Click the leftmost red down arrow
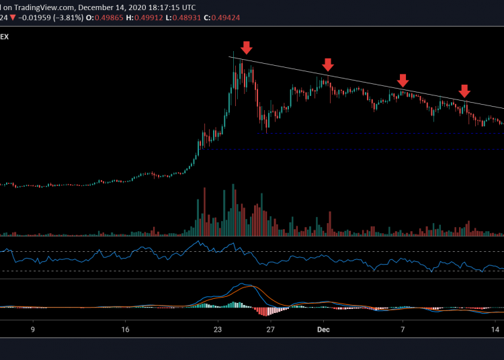click(247, 47)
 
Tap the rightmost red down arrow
click(464, 91)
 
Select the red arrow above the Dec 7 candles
click(403, 81)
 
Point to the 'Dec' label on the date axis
click(324, 330)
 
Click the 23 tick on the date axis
click(217, 330)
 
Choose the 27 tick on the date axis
click(270, 330)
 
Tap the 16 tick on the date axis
click(125, 330)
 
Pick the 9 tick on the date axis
click(32, 330)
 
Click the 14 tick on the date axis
click(495, 330)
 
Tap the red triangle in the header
click(13, 16)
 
